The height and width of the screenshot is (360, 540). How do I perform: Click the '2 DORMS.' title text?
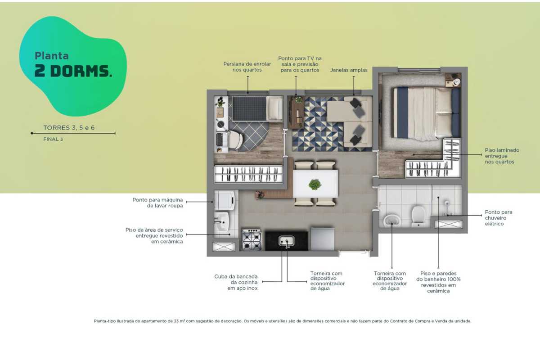[73, 71]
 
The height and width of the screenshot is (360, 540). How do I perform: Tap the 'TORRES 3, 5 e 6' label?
[69, 127]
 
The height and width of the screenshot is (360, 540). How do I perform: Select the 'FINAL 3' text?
[53, 139]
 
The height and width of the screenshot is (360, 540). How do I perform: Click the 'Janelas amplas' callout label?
[349, 70]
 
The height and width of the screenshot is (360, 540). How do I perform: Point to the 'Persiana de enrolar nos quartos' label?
[247, 67]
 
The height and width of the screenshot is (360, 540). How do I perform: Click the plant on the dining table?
[315, 184]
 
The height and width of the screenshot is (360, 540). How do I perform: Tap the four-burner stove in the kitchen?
[252, 239]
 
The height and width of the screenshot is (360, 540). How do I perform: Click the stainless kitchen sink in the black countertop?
[286, 241]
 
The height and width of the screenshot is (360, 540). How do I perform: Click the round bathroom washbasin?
[392, 220]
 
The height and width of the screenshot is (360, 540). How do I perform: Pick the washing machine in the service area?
[225, 200]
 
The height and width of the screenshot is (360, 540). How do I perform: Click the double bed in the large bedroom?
[426, 113]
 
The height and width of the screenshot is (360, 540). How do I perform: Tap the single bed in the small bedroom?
[257, 108]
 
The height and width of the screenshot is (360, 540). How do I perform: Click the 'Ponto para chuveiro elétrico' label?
[499, 218]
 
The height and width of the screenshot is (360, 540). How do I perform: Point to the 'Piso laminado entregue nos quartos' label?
[502, 156]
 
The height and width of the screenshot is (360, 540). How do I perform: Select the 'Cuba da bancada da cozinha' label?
[236, 282]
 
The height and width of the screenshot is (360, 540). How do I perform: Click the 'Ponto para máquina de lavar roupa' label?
[157, 203]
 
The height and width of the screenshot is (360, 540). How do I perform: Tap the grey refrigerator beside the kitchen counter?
[322, 238]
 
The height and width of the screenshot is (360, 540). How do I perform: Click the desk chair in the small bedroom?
[235, 140]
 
